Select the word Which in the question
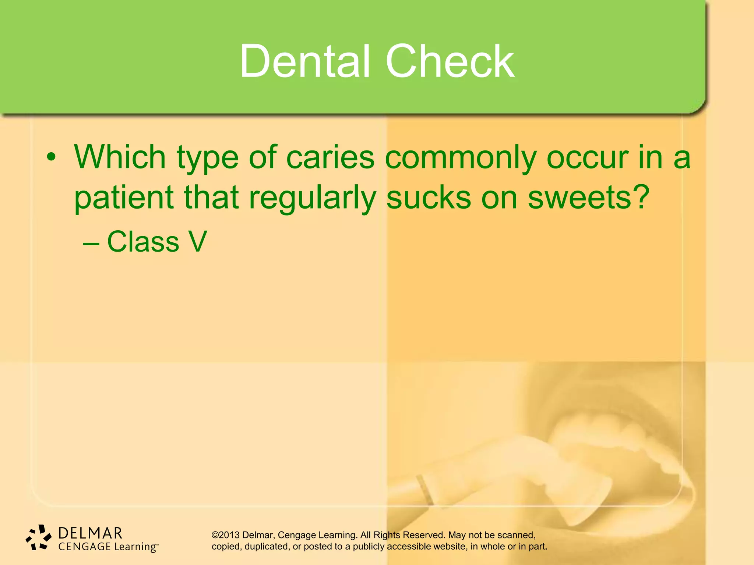coord(120,157)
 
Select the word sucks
coord(428,198)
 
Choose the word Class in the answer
coord(143,242)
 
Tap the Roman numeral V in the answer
coord(198,242)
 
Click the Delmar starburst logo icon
coord(38,538)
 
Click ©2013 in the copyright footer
coord(225,535)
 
